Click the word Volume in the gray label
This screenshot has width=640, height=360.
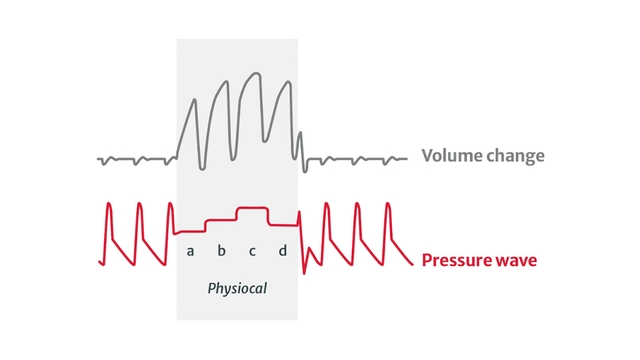tap(448, 156)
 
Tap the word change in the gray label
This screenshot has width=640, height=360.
tap(512, 156)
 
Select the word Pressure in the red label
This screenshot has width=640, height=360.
tap(459, 261)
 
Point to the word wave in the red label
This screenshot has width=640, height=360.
tap(518, 261)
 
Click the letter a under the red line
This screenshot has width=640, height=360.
tap(190, 250)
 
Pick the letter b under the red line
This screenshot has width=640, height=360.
tap(221, 250)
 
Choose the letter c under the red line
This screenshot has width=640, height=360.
tap(252, 250)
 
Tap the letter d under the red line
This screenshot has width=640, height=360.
tap(282, 250)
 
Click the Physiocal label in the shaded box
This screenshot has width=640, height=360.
tap(237, 288)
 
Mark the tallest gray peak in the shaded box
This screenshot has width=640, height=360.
tap(257, 73)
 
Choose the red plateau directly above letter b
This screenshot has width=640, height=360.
tap(221, 218)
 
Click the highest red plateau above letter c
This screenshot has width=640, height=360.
tap(252, 209)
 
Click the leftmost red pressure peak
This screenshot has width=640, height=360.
tap(108, 205)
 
